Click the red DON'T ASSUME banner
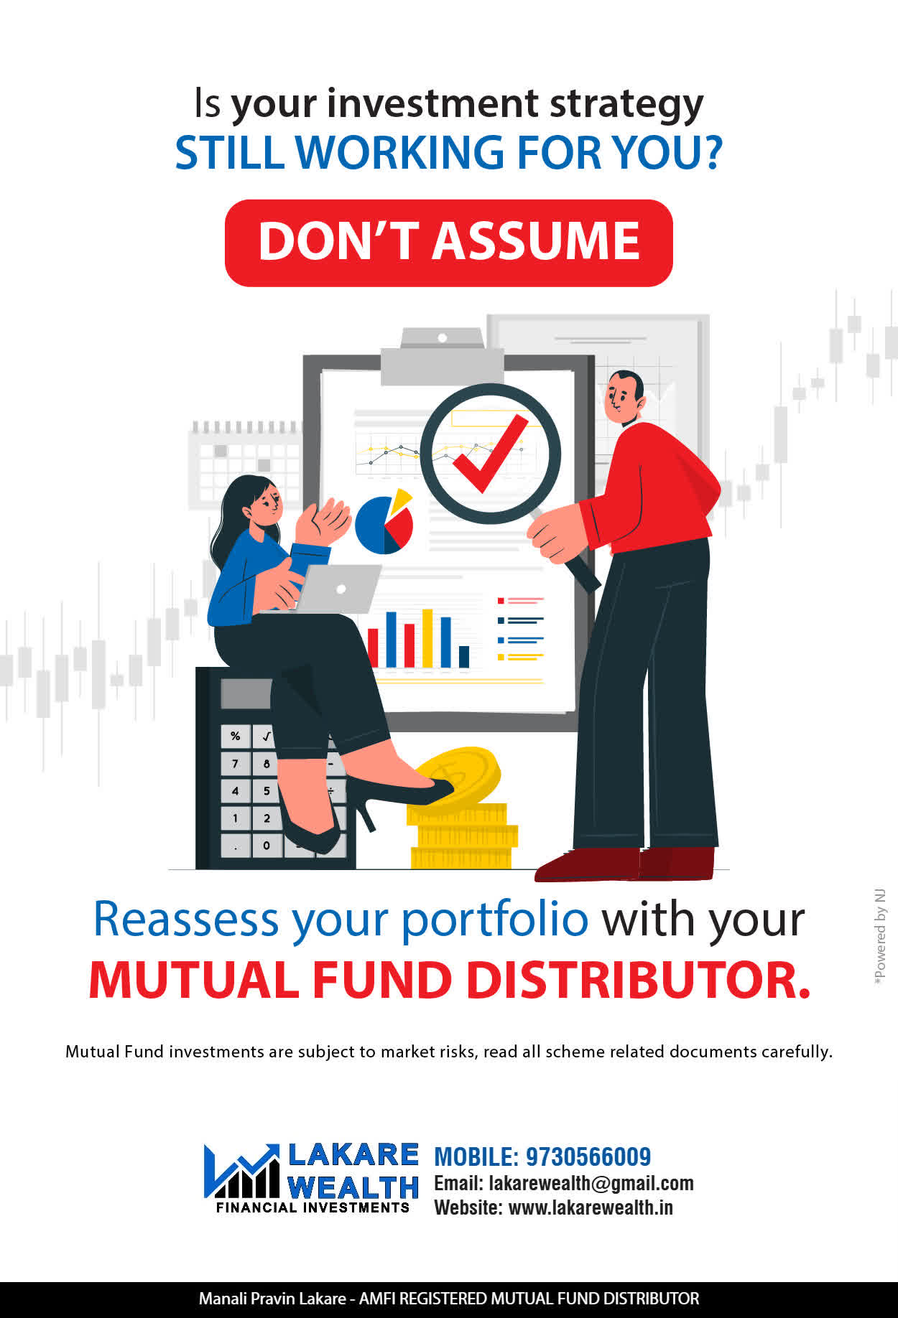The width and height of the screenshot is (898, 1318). [449, 243]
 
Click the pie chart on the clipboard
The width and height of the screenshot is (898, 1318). [384, 521]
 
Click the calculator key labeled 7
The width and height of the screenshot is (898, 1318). [235, 764]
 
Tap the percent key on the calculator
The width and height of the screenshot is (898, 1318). [235, 737]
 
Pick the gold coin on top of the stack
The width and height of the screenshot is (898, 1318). [457, 775]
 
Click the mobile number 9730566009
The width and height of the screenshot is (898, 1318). [588, 1156]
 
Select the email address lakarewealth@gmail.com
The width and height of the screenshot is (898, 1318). [591, 1183]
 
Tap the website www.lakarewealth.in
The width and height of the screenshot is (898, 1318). [591, 1207]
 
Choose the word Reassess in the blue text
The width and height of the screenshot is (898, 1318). [186, 919]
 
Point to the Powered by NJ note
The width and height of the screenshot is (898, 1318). [879, 938]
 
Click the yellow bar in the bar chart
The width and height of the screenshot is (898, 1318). [427, 638]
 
